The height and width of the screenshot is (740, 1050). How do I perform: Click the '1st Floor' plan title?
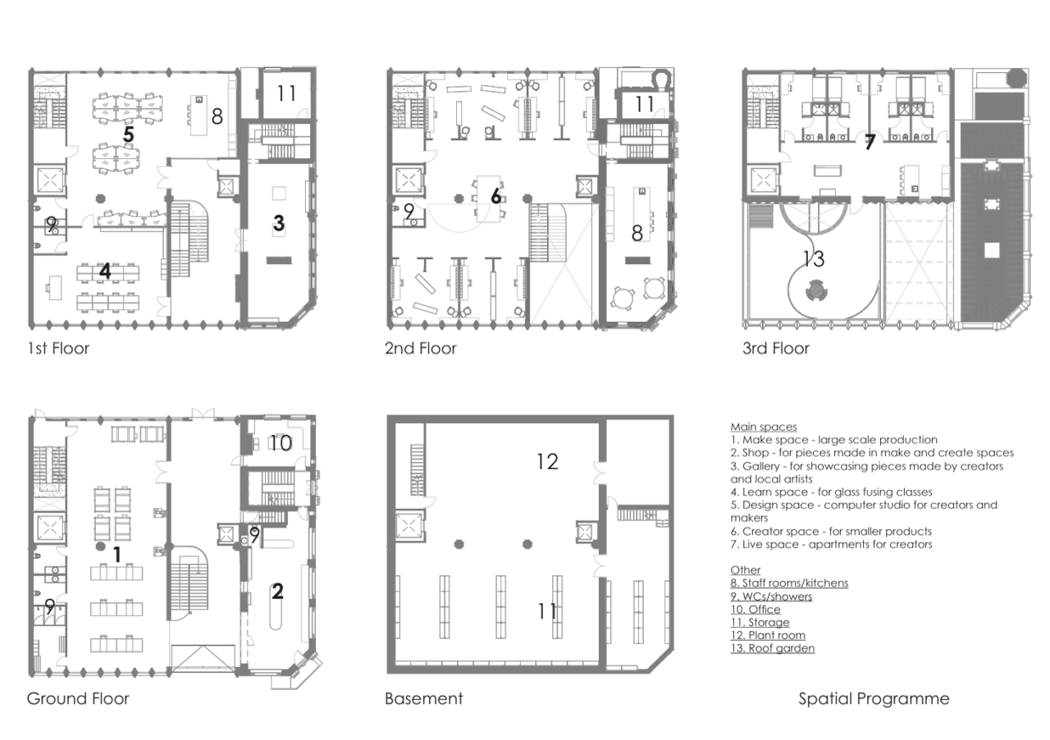click(x=58, y=348)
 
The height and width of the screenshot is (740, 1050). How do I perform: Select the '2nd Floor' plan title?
click(x=421, y=348)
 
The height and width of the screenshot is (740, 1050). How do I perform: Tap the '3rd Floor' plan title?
click(x=776, y=348)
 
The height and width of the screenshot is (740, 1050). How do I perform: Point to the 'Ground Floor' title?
click(x=78, y=698)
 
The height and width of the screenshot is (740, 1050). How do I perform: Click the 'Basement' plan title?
click(x=424, y=698)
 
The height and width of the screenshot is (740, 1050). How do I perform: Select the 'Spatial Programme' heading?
click(x=874, y=699)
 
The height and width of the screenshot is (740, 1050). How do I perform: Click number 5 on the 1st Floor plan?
click(x=129, y=134)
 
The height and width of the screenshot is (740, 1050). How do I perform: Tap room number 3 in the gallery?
click(x=279, y=223)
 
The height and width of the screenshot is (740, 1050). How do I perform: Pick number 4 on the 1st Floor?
click(x=105, y=270)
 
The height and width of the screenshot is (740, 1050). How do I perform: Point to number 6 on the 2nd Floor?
click(x=496, y=196)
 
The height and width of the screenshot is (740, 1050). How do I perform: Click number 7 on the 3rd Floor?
click(x=870, y=142)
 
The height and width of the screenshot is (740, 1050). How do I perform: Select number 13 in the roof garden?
click(x=814, y=258)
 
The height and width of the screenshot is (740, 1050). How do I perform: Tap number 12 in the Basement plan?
click(x=547, y=462)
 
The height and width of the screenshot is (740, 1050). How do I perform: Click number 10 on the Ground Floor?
click(x=281, y=443)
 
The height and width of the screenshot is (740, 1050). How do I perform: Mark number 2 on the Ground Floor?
click(x=277, y=591)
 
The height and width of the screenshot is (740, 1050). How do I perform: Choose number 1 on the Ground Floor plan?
click(x=117, y=555)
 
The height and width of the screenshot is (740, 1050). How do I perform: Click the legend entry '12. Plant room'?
click(x=768, y=635)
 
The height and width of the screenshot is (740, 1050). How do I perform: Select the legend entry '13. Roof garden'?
click(x=773, y=648)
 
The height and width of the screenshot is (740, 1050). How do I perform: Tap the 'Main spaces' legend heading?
click(x=764, y=427)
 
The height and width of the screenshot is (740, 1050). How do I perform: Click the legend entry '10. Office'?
click(x=756, y=610)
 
